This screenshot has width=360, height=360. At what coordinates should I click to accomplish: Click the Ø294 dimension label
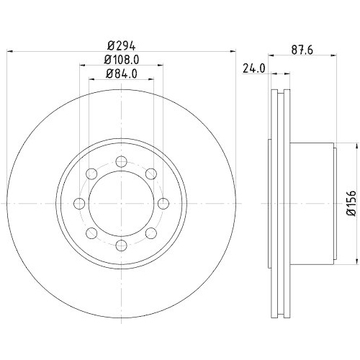click(120, 42)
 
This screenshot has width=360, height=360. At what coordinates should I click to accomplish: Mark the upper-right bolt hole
click(151, 173)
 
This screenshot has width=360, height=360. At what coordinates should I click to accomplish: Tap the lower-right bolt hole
click(151, 233)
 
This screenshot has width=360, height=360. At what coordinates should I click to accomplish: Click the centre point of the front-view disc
click(121, 203)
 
